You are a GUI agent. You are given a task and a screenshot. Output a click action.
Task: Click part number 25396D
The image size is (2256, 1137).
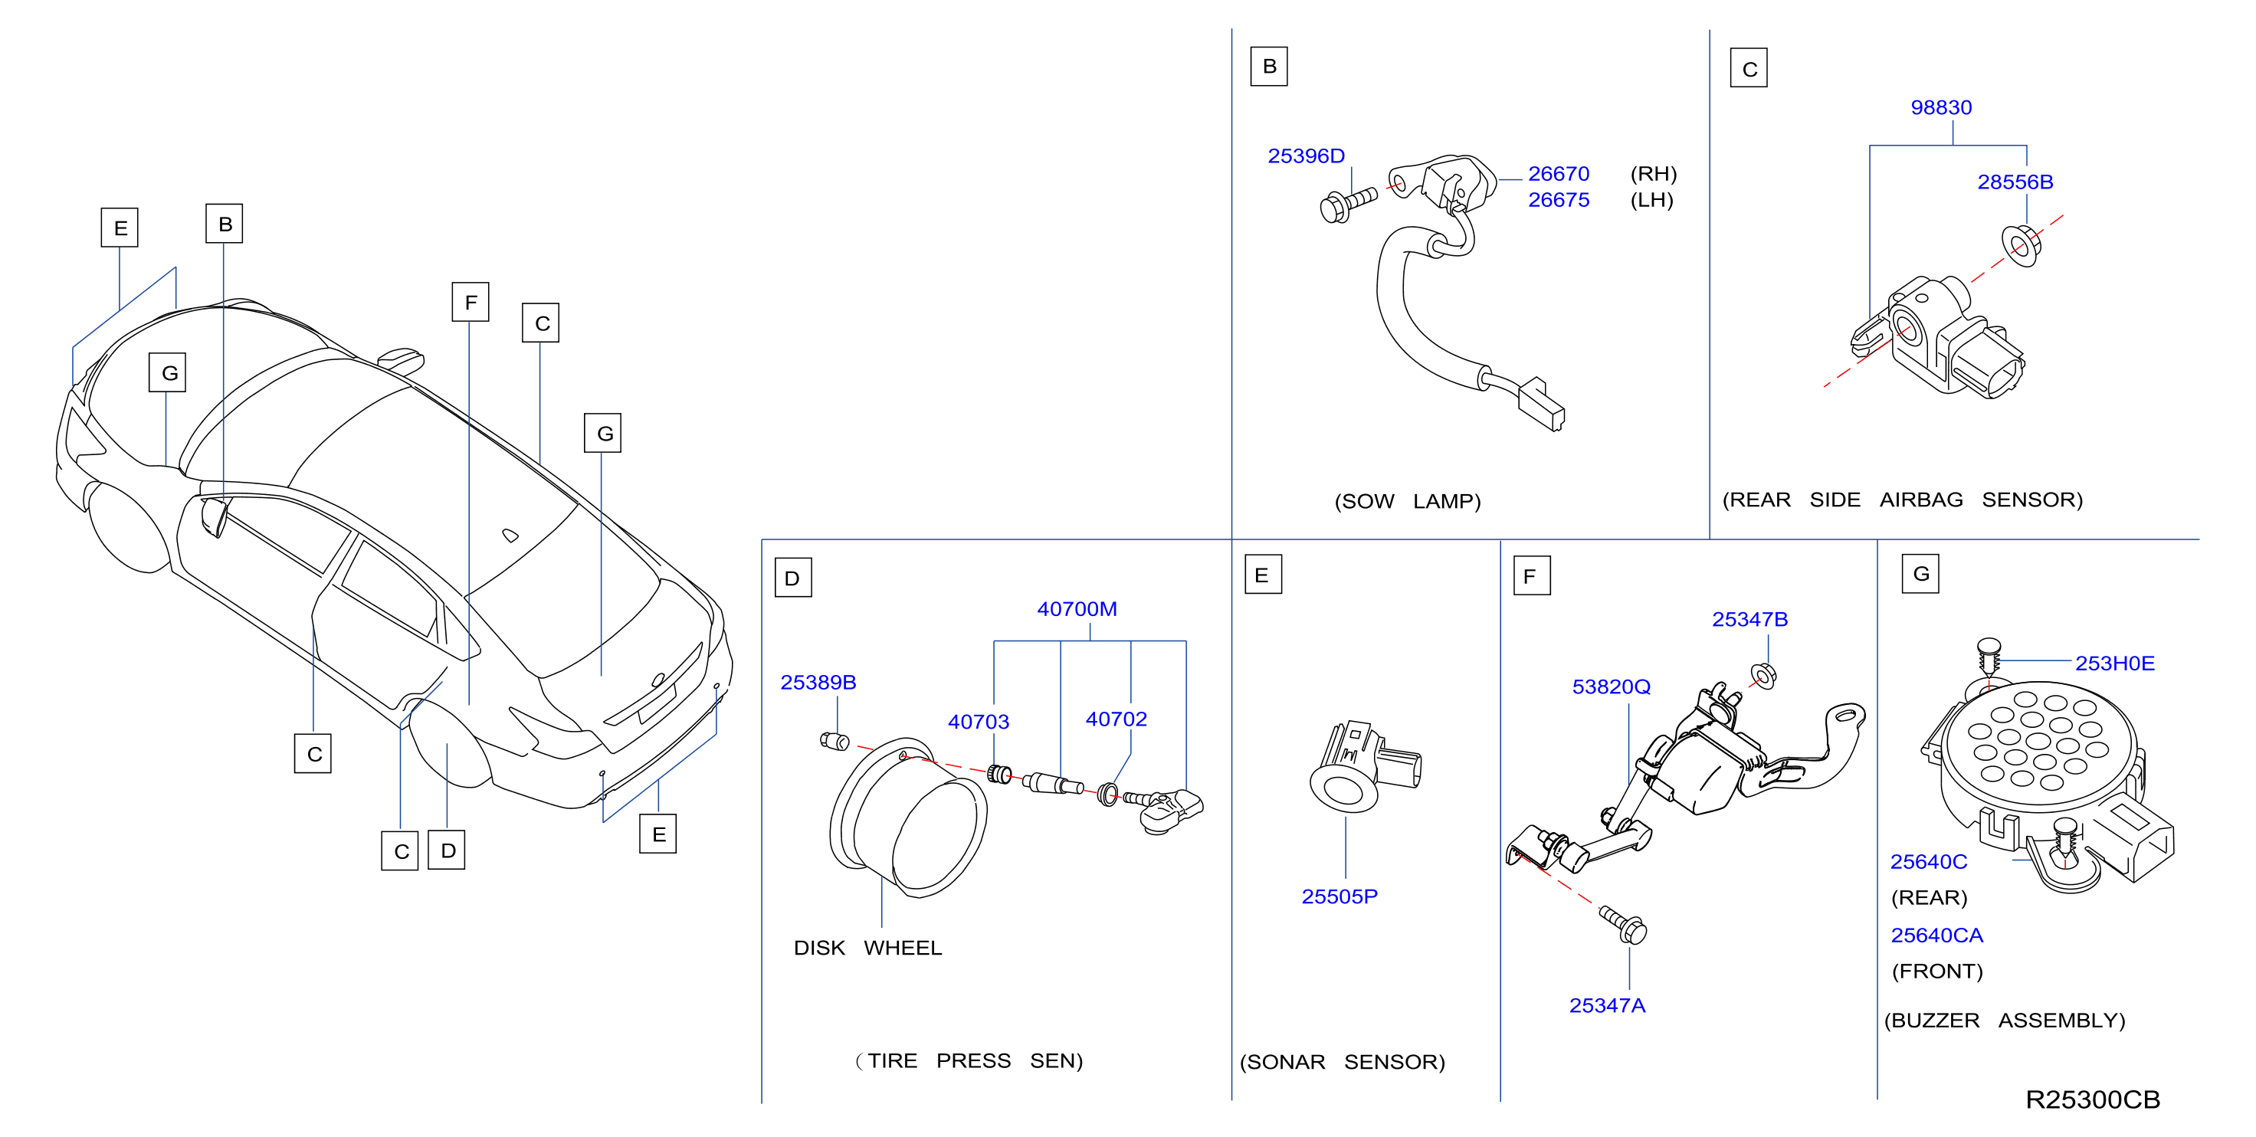point(1306,156)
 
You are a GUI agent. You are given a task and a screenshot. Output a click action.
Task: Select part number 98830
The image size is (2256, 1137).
point(1941,108)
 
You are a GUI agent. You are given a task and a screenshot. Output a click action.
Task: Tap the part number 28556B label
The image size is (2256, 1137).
point(2015,182)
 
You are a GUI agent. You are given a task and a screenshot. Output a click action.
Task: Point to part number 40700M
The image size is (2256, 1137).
point(1077,609)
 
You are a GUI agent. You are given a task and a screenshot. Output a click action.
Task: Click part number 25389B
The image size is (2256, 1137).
point(818,683)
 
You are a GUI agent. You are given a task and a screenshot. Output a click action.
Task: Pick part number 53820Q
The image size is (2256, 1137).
point(1611,686)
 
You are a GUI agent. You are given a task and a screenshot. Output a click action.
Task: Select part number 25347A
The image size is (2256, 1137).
point(1607,1006)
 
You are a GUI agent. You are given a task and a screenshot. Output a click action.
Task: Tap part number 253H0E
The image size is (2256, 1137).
point(2114,663)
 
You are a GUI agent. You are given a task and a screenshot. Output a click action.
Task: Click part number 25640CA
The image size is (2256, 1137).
point(1936,935)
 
